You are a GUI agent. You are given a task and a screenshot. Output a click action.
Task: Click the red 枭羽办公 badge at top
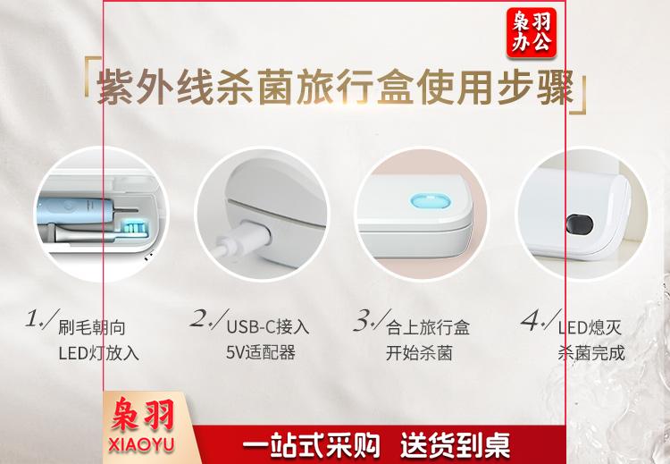coord(532,32)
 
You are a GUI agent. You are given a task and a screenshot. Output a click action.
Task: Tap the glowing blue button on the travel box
coord(430,200)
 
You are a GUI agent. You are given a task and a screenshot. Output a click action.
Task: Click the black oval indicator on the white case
coord(580,224)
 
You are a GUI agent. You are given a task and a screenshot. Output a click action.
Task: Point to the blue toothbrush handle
coord(76,210)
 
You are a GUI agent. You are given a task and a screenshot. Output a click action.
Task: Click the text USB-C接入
coord(267,327)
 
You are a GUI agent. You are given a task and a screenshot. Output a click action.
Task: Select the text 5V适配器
coord(261,352)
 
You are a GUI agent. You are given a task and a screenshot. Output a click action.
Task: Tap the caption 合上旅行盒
coord(428,327)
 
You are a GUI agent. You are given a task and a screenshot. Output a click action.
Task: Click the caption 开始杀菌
coord(419,353)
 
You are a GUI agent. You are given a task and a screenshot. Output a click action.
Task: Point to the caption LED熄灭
coord(590,327)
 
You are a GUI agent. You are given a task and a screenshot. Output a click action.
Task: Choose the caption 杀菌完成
coord(591,353)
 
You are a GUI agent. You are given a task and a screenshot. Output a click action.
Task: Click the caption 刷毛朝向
coord(92,327)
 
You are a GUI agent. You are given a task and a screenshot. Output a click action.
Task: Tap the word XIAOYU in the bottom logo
coord(141,444)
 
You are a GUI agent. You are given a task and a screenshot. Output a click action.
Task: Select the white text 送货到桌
coord(455,444)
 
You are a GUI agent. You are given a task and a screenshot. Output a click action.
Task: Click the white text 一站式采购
coord(311,444)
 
